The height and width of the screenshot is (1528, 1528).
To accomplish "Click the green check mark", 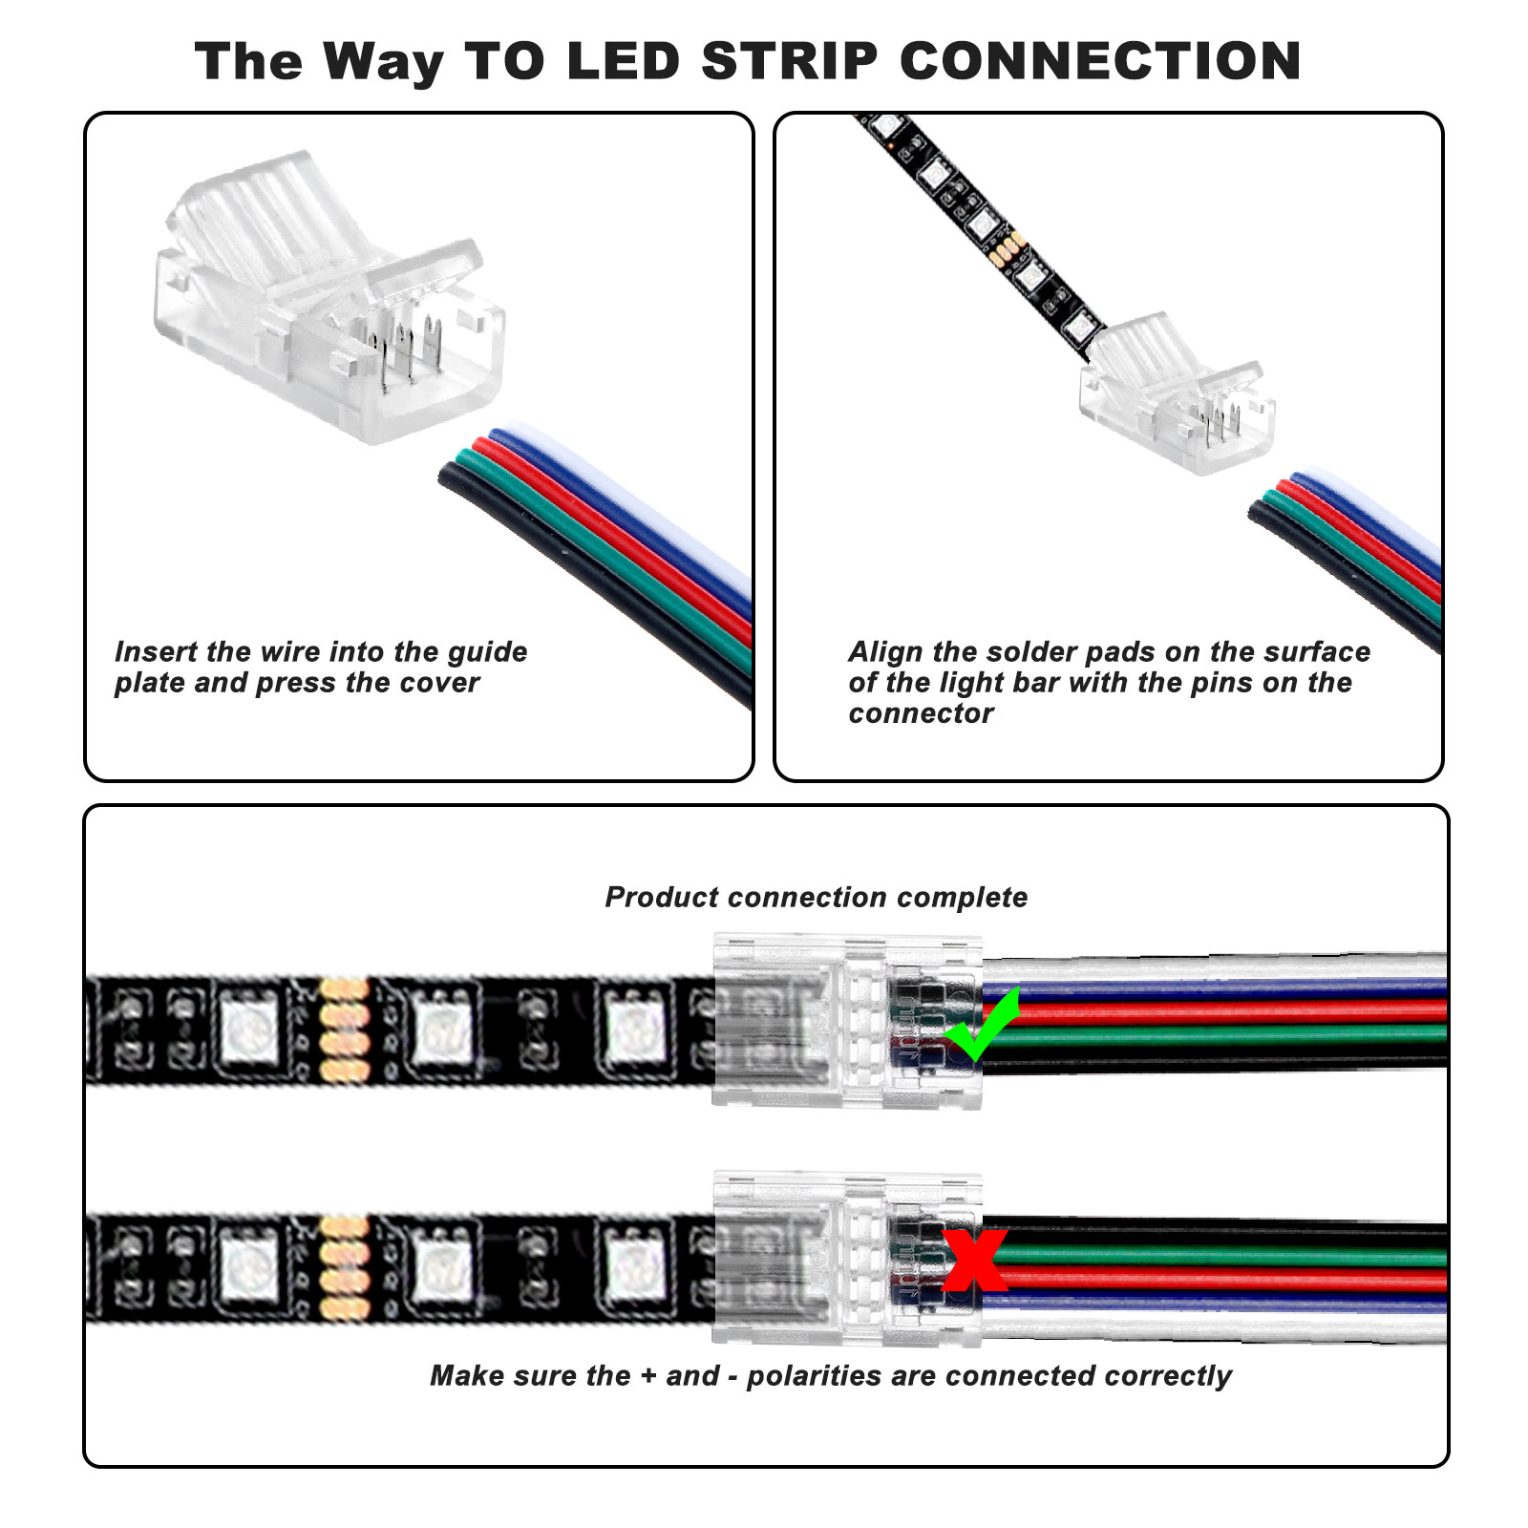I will (982, 1027).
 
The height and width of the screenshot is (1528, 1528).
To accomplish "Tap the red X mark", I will (974, 1259).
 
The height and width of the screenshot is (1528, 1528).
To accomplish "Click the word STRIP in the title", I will (789, 61).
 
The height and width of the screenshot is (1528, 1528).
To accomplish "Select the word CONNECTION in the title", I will (1100, 61).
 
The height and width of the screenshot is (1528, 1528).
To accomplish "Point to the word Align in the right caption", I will (885, 652).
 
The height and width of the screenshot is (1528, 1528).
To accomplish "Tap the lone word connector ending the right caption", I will (921, 713).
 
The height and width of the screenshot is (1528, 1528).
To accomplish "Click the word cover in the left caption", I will (446, 683).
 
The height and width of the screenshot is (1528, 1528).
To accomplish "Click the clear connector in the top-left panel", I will (329, 306).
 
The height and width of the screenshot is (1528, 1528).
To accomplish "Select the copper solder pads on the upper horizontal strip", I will (344, 1029).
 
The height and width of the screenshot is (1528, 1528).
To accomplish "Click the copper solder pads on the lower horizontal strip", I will (344, 1267).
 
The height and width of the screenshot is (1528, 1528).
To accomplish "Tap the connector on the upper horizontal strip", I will (846, 1021).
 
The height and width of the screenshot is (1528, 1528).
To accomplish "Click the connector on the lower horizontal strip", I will (846, 1259).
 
